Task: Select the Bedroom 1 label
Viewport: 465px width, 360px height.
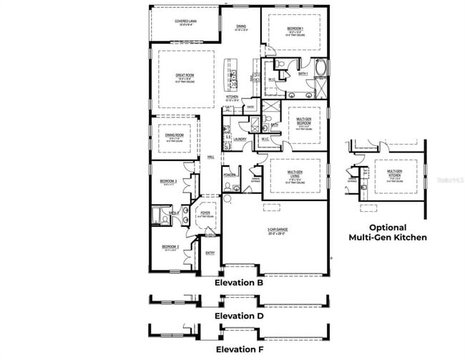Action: click(x=295, y=28)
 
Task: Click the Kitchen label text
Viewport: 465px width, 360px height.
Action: click(x=232, y=97)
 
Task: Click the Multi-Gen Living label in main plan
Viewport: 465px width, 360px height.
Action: click(x=298, y=173)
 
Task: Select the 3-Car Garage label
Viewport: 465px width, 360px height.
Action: click(x=278, y=230)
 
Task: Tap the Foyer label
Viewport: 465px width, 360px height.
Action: click(x=205, y=213)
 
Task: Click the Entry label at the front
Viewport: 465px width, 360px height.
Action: click(x=210, y=253)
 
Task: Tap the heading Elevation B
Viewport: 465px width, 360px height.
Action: click(x=240, y=283)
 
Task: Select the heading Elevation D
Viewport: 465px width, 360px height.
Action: click(x=240, y=316)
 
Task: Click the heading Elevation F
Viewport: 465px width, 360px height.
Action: click(x=240, y=349)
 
